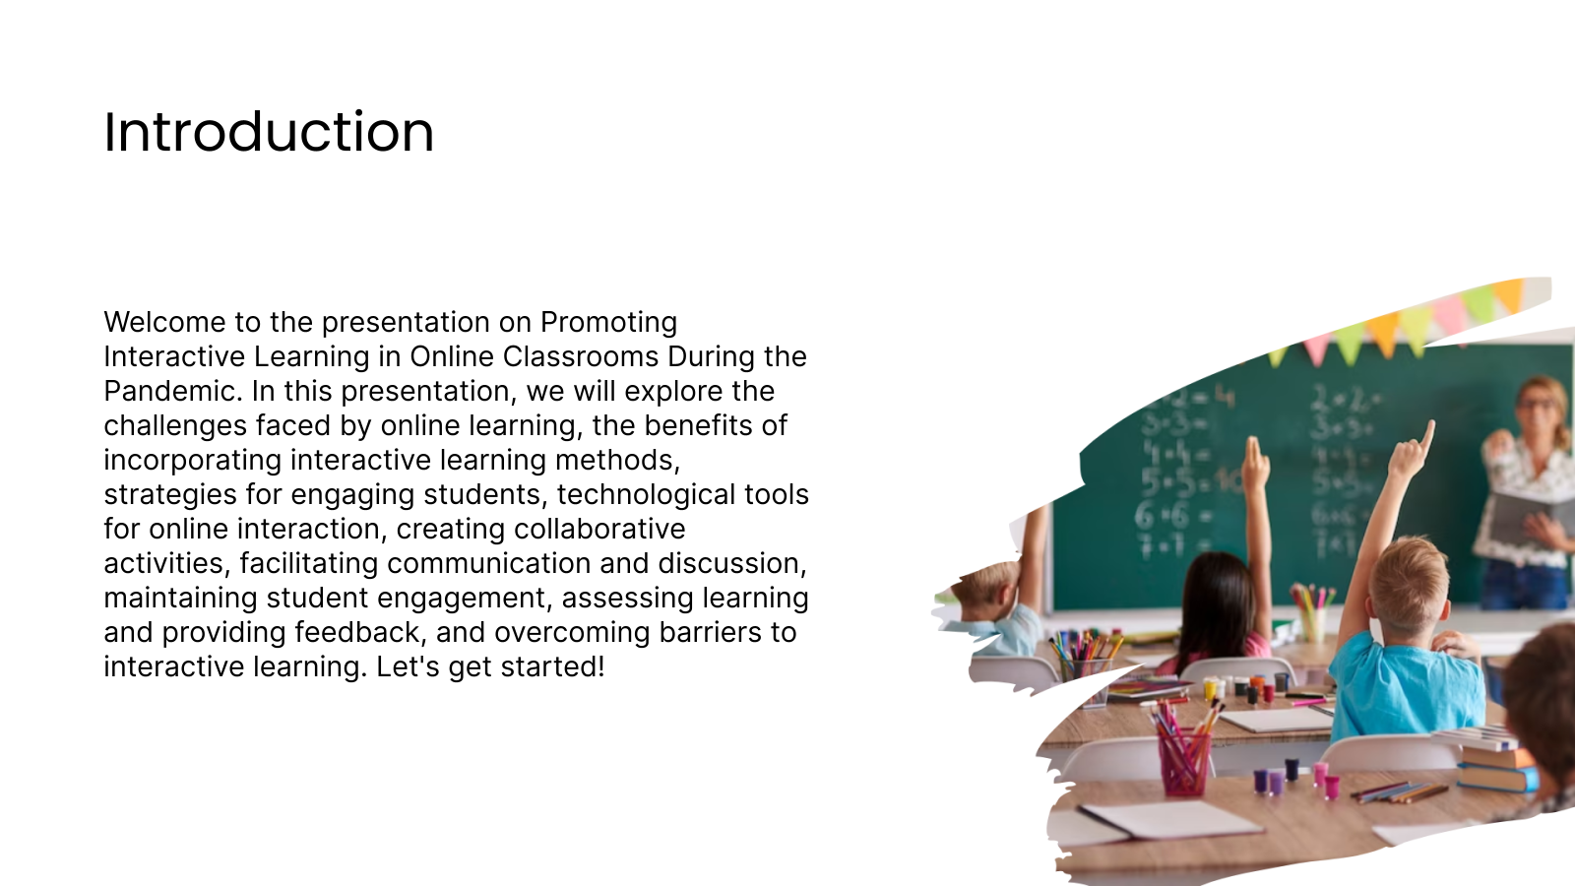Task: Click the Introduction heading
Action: point(269,132)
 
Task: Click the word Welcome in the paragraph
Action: point(164,322)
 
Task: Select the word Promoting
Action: point(608,323)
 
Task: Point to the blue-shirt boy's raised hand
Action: point(1414,451)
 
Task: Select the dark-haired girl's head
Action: point(1218,587)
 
